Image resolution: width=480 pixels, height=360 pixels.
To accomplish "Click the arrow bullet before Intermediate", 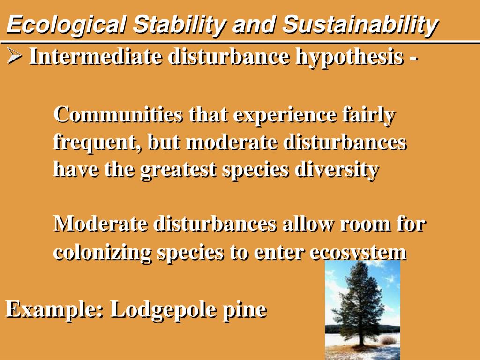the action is (x=15, y=56).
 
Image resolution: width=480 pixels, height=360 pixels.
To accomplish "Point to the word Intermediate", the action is (x=95, y=57).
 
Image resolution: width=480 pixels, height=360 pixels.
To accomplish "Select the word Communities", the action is (x=118, y=114).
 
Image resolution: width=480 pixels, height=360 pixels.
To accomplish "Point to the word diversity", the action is (x=337, y=170).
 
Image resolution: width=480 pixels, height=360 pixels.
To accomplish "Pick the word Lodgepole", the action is (x=163, y=310).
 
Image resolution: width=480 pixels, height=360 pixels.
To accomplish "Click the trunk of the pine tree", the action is (x=362, y=337).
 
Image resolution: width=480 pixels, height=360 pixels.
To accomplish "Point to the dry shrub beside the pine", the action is (x=388, y=339).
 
